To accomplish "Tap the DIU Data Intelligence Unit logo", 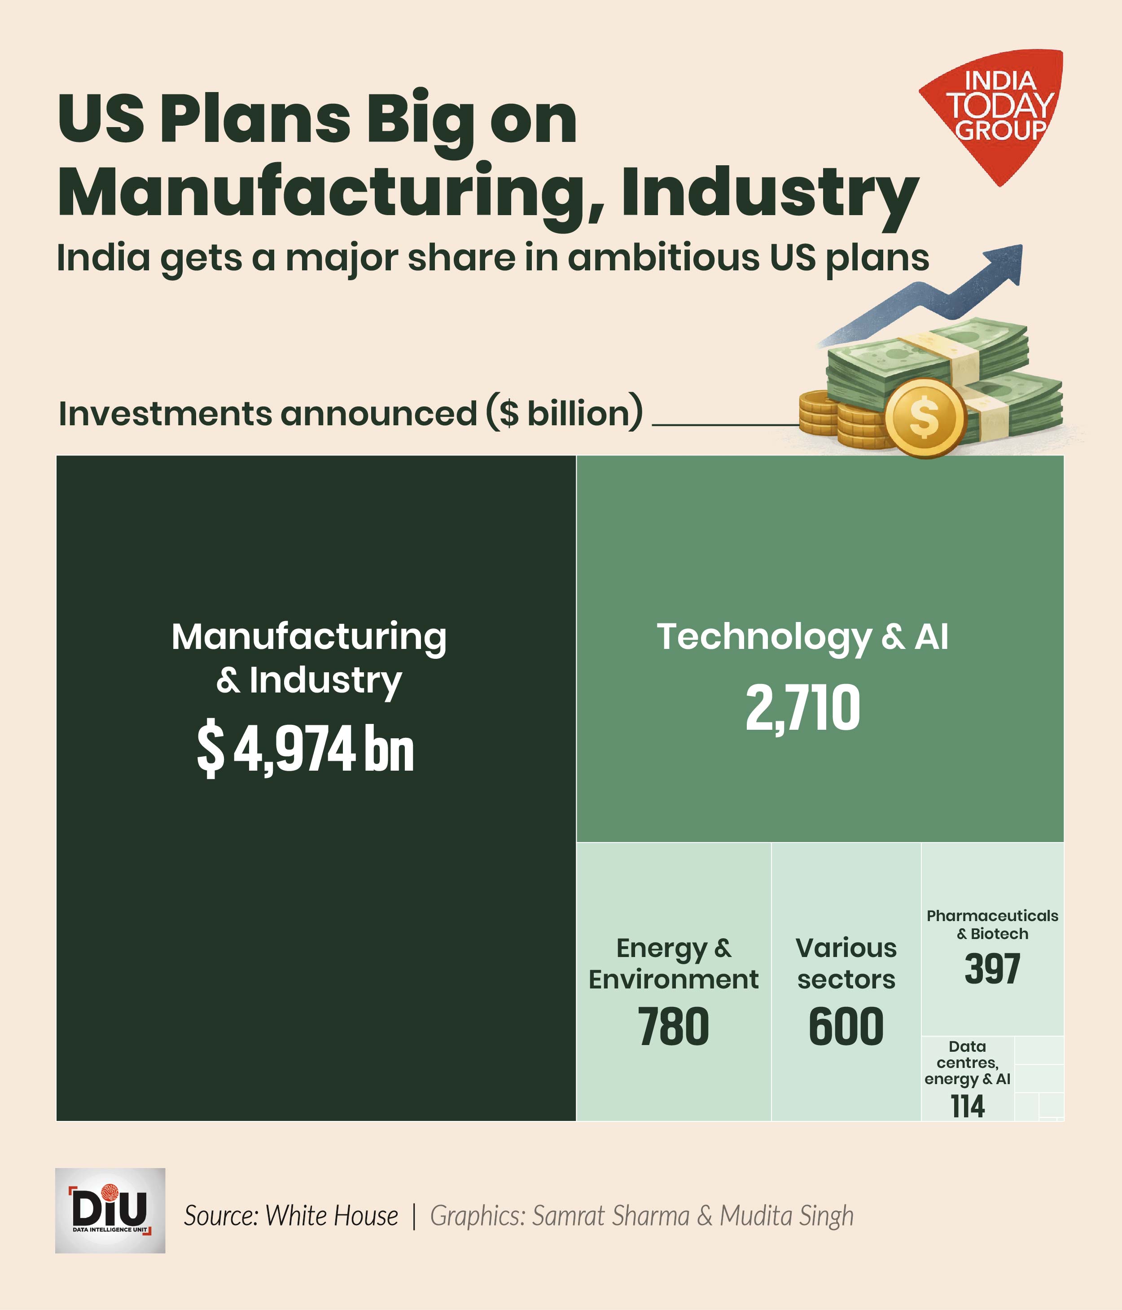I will click(110, 1210).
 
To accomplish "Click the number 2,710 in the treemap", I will click(802, 708).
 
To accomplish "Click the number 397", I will click(992, 969).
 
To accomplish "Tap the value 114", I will click(967, 1107).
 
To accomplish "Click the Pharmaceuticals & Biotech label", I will click(992, 924).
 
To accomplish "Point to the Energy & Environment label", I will click(674, 964).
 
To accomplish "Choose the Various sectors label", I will click(846, 964).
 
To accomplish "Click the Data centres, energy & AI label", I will click(967, 1063).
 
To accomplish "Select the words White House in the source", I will click(332, 1216).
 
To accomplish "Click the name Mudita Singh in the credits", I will click(787, 1216).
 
